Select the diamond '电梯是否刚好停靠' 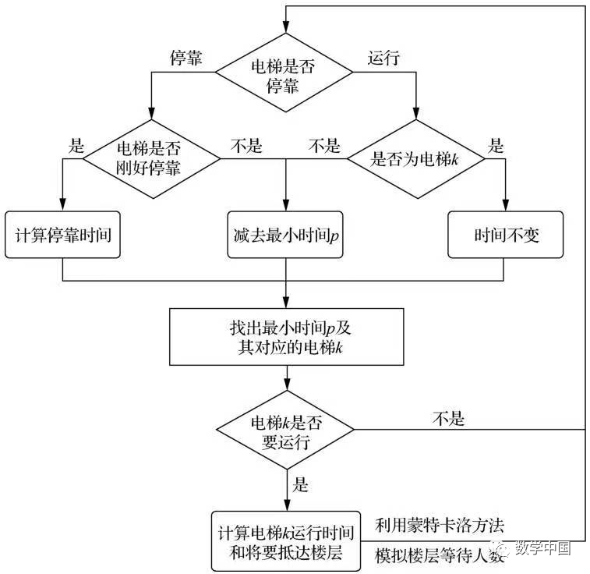(151, 159)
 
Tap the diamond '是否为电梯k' (415, 159)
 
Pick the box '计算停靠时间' (63, 235)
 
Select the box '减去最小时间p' (286, 235)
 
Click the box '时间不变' (506, 235)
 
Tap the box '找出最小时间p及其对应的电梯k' (286, 337)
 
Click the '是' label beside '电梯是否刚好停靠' (76, 145)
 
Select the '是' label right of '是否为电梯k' (496, 145)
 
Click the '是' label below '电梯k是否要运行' (300, 485)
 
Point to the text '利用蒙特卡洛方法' (443, 523)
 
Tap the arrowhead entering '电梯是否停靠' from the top (286, 30)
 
